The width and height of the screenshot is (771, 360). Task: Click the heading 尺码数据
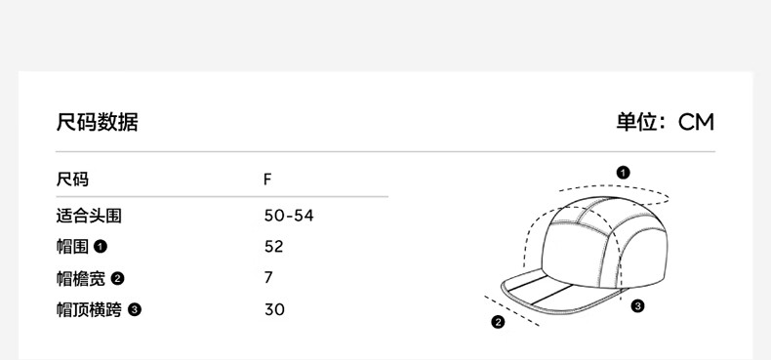(97, 123)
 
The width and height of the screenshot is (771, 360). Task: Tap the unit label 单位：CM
(666, 123)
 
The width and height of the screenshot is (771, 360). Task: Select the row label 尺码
(72, 180)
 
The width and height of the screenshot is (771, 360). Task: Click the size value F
(267, 180)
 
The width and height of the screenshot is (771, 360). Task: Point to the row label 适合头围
(89, 216)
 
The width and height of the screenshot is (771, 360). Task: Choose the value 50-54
(289, 216)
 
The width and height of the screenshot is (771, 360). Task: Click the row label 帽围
(72, 247)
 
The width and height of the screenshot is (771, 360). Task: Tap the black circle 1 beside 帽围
(101, 247)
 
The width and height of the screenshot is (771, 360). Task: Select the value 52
(274, 247)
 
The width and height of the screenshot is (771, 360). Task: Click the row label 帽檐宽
(81, 278)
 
